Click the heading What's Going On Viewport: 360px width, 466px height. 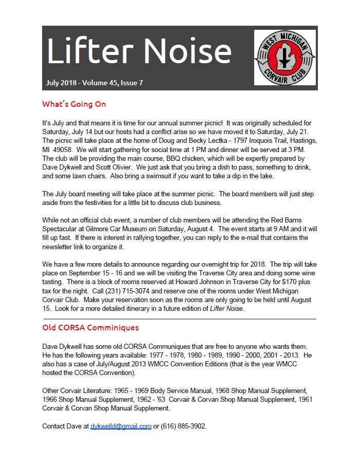[x=74, y=104]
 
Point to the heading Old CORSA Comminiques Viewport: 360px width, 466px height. [x=90, y=327]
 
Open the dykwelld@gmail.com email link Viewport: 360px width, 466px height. [x=121, y=426]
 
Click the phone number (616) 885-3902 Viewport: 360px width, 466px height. [x=183, y=426]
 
